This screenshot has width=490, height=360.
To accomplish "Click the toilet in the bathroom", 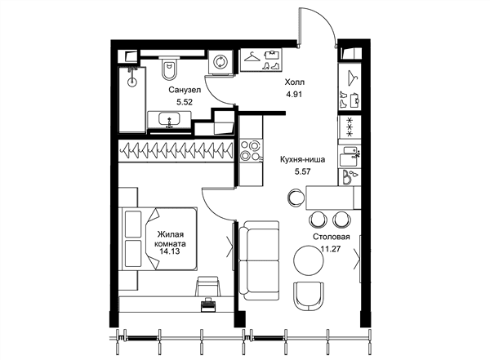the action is pyautogui.click(x=170, y=68).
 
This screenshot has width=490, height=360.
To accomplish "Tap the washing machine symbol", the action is pyautogui.click(x=221, y=61).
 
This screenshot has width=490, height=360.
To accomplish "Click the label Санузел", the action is pyautogui.click(x=185, y=90).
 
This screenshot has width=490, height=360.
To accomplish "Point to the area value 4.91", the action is pyautogui.click(x=294, y=94).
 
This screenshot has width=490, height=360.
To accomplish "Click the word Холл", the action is pyautogui.click(x=294, y=82).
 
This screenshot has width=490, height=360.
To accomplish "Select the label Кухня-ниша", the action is pyautogui.click(x=302, y=160).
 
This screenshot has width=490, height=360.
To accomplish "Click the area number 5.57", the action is pyautogui.click(x=302, y=171).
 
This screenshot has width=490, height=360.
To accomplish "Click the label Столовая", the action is pyautogui.click(x=332, y=237).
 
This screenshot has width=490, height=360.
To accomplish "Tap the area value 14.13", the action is pyautogui.click(x=170, y=251).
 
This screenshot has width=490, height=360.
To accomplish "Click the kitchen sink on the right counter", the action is pyautogui.click(x=350, y=157).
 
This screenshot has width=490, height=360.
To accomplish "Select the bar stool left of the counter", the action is pyautogui.click(x=296, y=197).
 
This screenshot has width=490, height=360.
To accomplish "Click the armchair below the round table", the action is pyautogui.click(x=309, y=296).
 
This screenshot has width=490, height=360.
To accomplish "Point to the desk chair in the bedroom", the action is pyautogui.click(x=207, y=286).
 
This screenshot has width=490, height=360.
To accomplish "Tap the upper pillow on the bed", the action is pyautogui.click(x=133, y=224).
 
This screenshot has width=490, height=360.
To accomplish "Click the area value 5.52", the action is pyautogui.click(x=185, y=102).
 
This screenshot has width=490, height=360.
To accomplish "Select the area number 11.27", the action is pyautogui.click(x=331, y=249).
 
